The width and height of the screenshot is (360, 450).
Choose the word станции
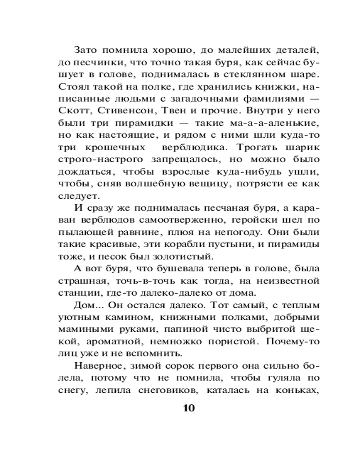[76, 293]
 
